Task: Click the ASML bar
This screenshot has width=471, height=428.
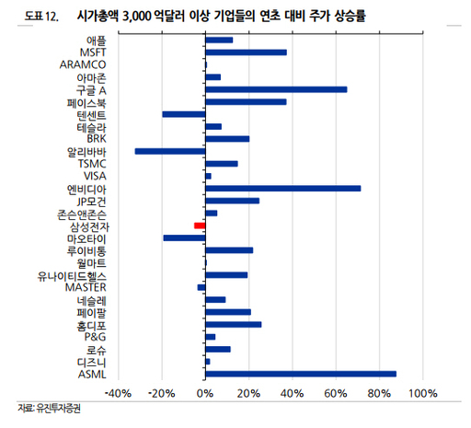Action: click(x=300, y=374)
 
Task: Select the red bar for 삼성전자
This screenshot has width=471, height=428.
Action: click(x=200, y=226)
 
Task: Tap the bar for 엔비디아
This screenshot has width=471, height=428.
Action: click(x=282, y=189)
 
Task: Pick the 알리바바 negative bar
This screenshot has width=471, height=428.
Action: click(x=170, y=151)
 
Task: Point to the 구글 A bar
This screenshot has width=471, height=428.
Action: click(x=276, y=89)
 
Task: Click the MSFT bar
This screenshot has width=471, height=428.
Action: click(x=246, y=52)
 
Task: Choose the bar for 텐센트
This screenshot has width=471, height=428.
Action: click(x=184, y=114)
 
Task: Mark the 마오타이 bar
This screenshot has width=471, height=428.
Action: click(x=184, y=237)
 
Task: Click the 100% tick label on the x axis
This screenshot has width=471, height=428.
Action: click(x=421, y=394)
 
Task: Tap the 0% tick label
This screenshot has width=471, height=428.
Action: click(x=205, y=394)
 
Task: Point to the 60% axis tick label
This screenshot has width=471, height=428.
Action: click(x=335, y=394)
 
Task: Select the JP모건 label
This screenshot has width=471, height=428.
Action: click(x=92, y=201)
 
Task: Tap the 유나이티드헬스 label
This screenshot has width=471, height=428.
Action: click(x=73, y=275)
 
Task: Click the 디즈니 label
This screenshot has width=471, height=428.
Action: click(x=92, y=362)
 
